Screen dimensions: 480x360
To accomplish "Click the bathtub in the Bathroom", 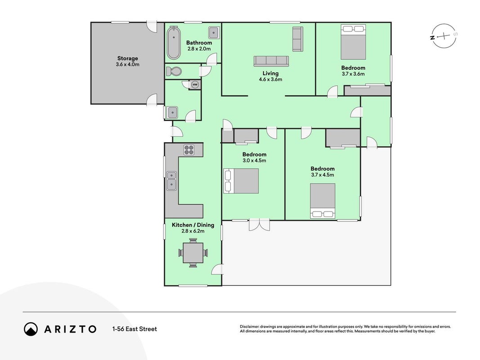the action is (x=174, y=43).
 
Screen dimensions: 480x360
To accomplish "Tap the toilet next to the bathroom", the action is (x=174, y=72).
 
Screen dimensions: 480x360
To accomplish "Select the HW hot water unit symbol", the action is (x=195, y=85).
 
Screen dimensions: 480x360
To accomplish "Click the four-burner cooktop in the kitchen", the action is (x=189, y=150).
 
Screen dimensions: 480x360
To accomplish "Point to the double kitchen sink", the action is (x=171, y=180).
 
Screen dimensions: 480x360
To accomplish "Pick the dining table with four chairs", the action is (x=193, y=253).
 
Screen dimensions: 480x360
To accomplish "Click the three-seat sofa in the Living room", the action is (x=271, y=61).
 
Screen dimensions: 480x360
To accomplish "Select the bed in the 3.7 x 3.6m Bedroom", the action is (x=353, y=42).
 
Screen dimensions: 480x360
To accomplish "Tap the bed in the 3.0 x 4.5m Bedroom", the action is (x=241, y=181).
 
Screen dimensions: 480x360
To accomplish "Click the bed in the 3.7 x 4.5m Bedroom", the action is (x=323, y=201).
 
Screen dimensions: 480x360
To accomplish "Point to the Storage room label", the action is (x=128, y=58).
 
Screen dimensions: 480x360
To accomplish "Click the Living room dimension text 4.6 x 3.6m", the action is (x=271, y=79).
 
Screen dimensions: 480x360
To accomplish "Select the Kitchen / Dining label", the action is (x=193, y=225).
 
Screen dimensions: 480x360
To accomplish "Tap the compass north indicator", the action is (x=433, y=38).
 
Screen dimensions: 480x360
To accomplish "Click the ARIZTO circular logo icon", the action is (x=31, y=329).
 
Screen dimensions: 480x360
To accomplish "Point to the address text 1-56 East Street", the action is (x=135, y=329).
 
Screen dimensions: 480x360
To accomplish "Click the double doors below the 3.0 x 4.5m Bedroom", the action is (x=259, y=225).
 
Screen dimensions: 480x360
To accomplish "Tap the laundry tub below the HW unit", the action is (x=172, y=112).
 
